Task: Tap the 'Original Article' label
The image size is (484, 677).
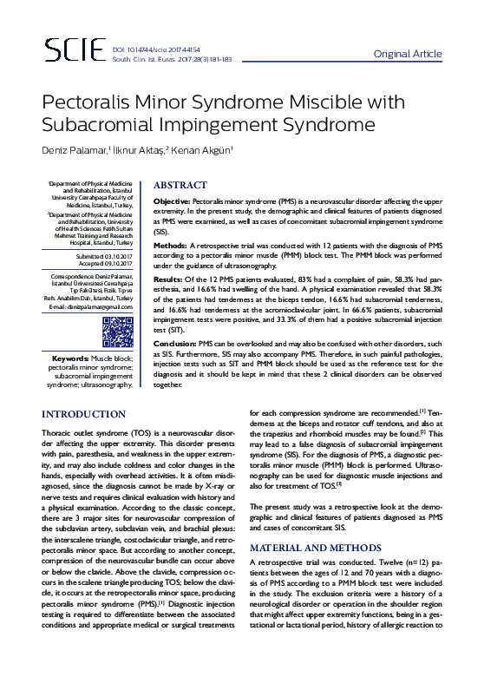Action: pos(408,54)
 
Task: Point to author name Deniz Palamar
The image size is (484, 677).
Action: pos(75,151)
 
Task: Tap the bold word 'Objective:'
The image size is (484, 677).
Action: pos(171,201)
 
